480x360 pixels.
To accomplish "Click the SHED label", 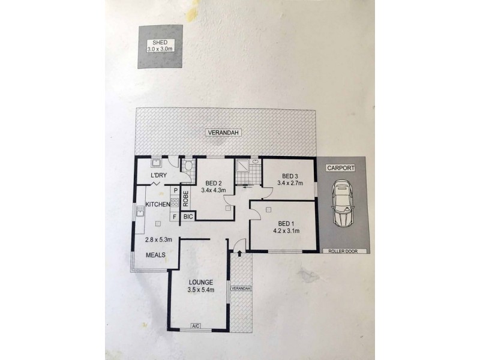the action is coord(160,43).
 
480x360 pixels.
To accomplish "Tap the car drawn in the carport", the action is coord(343,203).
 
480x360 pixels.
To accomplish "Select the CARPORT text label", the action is coord(341,168).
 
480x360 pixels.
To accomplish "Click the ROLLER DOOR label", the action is coord(344,251).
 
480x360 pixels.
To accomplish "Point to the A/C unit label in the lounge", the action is coord(196,326).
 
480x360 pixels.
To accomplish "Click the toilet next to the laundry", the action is coord(188,166).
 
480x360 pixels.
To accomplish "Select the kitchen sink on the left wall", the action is coord(140,211).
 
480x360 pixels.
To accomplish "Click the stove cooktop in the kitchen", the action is coord(175,202).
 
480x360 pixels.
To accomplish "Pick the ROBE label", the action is coord(185,199).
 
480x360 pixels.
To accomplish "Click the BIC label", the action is coord(188,217).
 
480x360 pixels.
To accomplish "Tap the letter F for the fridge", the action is coord(175,217).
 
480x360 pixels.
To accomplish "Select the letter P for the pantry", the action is coord(176,190).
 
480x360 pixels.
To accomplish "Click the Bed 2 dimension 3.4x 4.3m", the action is coord(214,190).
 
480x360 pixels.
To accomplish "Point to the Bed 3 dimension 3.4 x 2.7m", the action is coord(290,183).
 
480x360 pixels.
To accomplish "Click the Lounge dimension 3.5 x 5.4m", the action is coord(201,290).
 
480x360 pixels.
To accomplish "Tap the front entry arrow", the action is coord(239,253).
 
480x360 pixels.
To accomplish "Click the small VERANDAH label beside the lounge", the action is coord(241,289).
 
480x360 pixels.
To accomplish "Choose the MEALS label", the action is coord(155,254).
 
